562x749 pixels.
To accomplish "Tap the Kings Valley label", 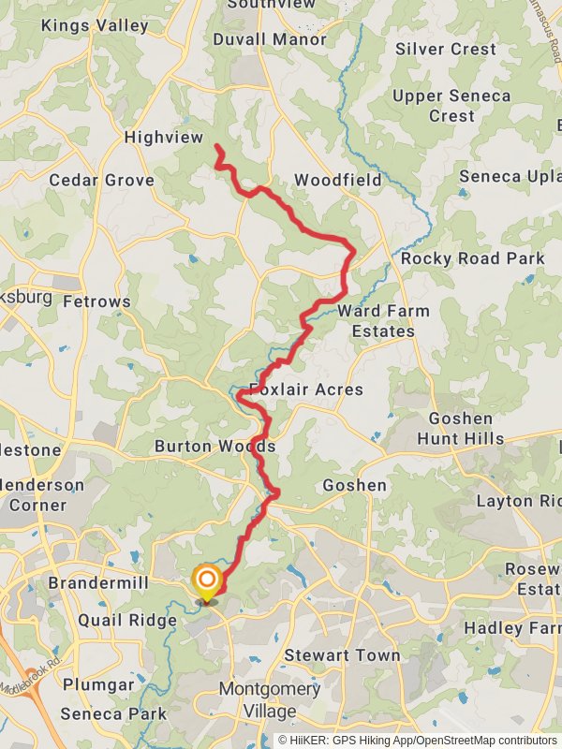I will point(95,26).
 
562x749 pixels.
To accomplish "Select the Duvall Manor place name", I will point(270,39).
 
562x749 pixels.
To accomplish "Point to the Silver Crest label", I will point(445,49).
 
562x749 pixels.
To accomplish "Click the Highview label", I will point(164,138).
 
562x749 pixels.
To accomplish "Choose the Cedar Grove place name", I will point(101,180).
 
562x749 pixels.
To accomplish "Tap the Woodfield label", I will point(337,180).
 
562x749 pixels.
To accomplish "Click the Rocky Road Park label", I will point(472,258).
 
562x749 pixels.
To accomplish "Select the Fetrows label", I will point(96,301).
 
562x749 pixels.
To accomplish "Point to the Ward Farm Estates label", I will point(383,321).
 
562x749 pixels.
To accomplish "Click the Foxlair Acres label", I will point(305,389).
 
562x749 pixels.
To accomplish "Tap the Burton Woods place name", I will point(214,446).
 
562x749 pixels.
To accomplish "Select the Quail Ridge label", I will point(127,620).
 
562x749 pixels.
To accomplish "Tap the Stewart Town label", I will point(342,655).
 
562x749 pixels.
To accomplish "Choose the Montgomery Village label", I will point(269,700).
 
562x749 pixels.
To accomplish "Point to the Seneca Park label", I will point(113,713).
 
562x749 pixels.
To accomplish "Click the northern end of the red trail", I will point(218,147).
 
